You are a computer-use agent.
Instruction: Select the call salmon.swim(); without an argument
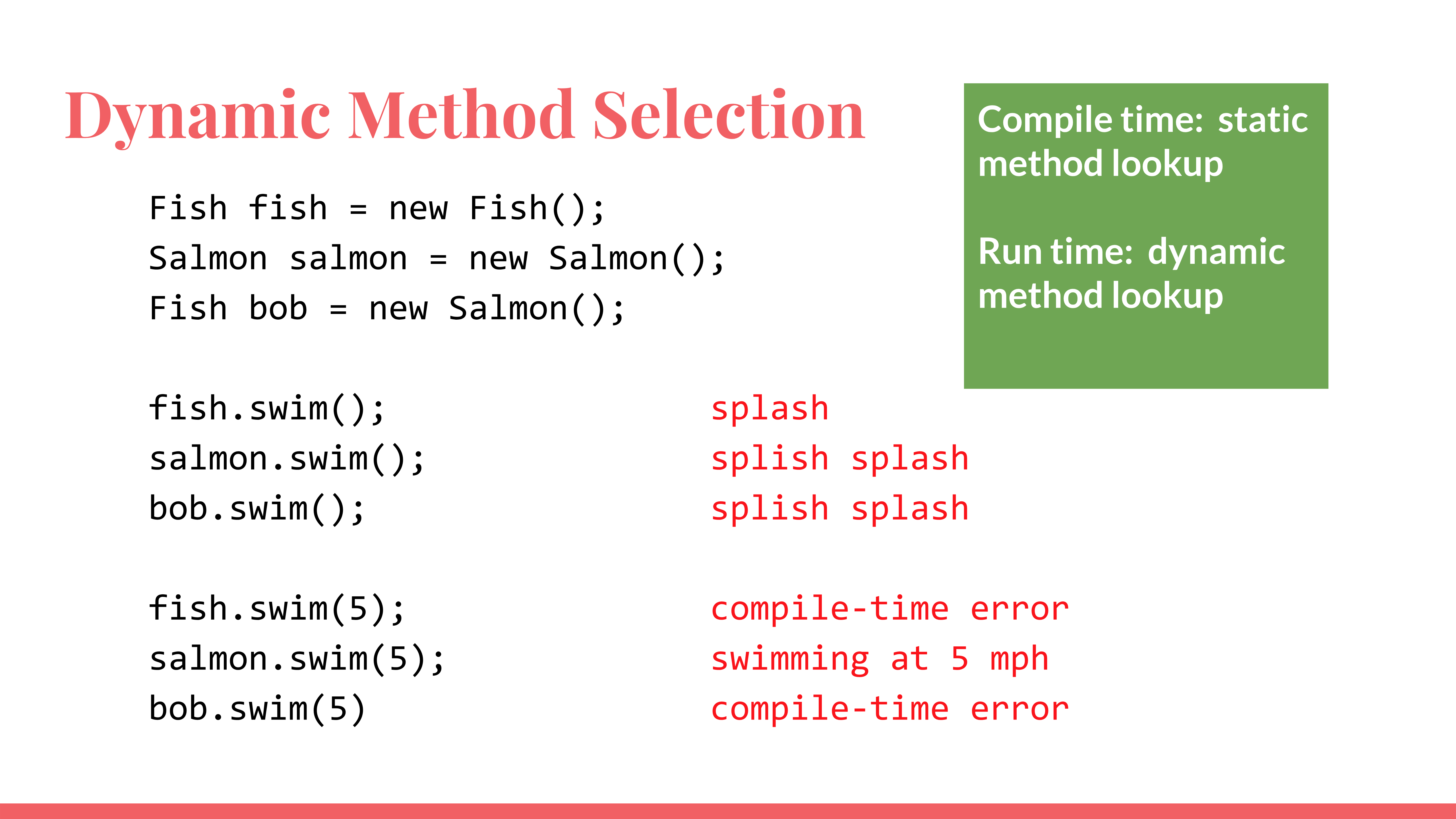287,458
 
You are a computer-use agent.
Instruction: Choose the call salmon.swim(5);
297,659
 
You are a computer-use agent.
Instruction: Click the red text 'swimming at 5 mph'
880,659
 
